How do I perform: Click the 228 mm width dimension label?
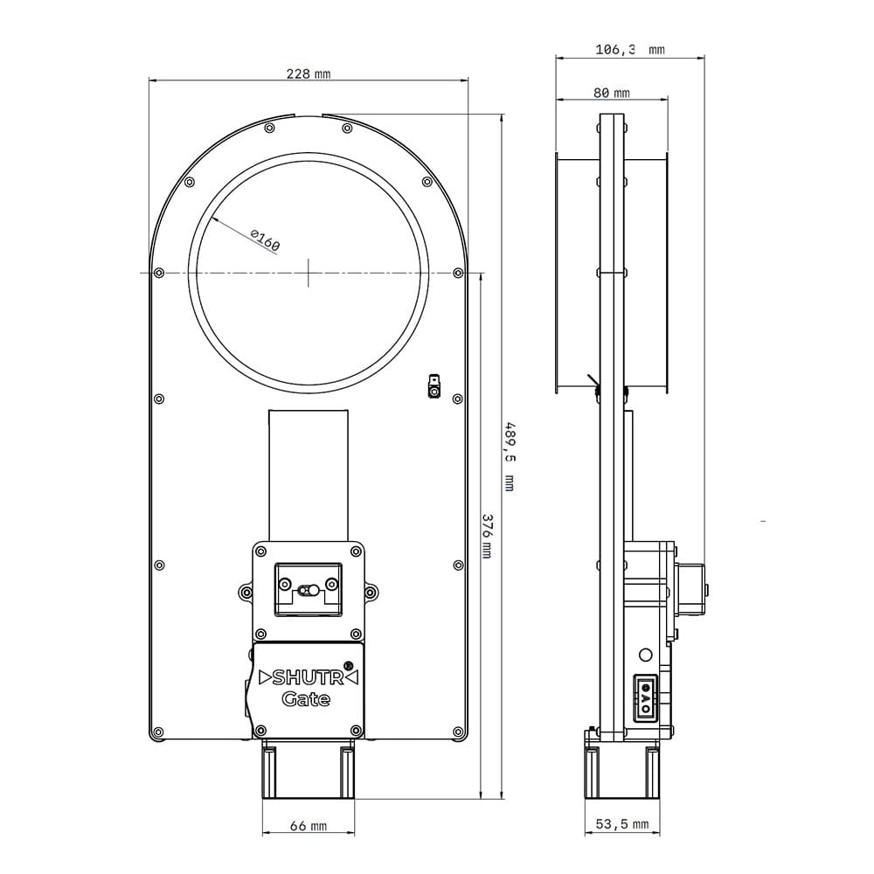click(x=309, y=73)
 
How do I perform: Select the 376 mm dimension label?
click(x=486, y=537)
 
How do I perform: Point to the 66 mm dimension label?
click(x=309, y=826)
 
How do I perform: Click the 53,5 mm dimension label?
click(x=622, y=824)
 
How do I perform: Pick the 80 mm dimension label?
click(x=612, y=93)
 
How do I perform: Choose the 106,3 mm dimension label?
click(x=630, y=50)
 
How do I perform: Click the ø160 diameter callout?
click(x=265, y=239)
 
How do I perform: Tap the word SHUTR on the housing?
click(x=308, y=677)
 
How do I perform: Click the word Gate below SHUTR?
click(x=305, y=699)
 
